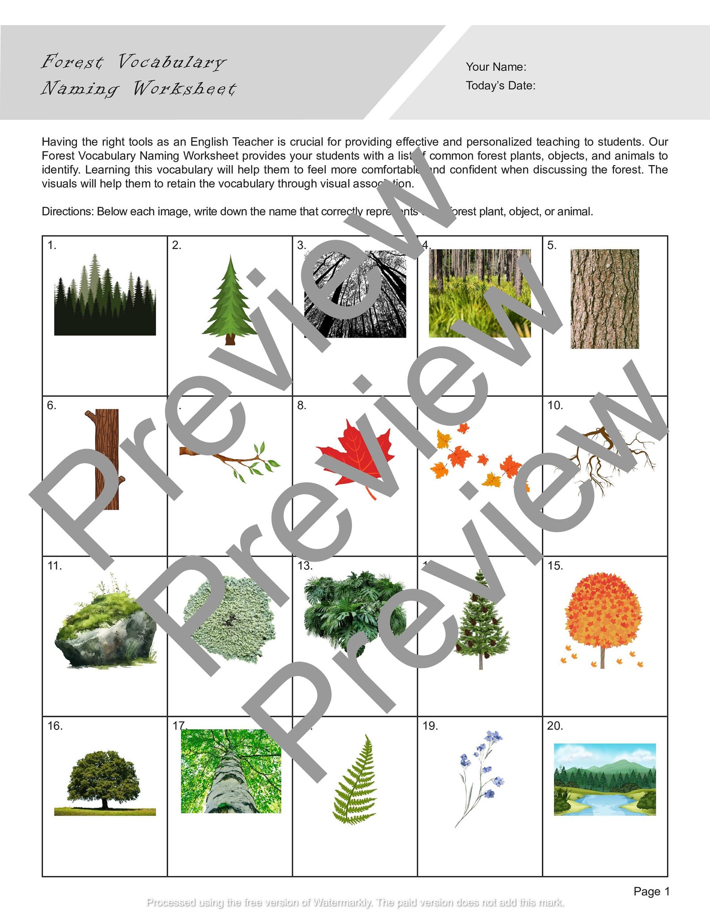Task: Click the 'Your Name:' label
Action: (x=496, y=67)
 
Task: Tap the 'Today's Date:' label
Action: (x=500, y=85)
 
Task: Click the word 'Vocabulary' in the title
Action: (x=172, y=62)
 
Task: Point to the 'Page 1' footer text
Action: (x=651, y=891)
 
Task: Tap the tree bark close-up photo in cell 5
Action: (x=604, y=299)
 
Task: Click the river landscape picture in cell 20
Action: (x=604, y=779)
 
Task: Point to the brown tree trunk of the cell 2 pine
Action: (x=230, y=339)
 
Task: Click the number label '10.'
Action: (x=555, y=406)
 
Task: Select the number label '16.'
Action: (x=55, y=726)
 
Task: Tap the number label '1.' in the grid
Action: (x=52, y=245)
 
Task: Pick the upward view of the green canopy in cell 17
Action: (x=231, y=771)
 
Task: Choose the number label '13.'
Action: (x=305, y=566)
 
